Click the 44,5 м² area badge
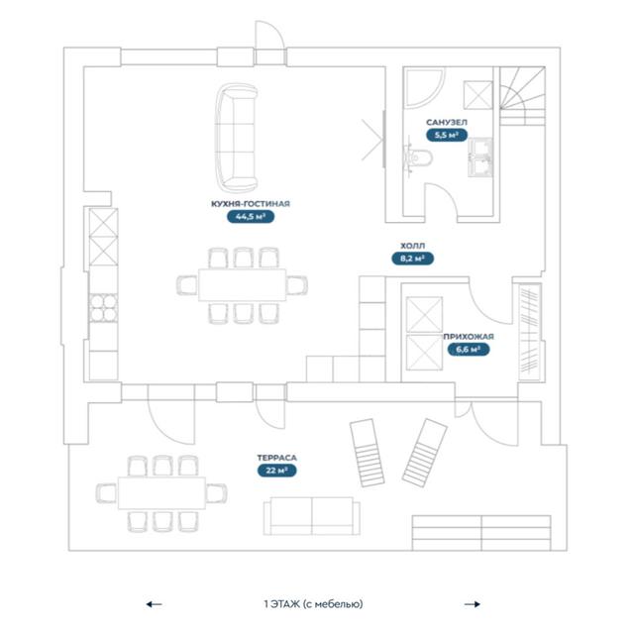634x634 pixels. click(x=251, y=217)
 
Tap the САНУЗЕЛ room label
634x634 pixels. click(x=447, y=122)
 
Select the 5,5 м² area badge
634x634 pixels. click(x=447, y=135)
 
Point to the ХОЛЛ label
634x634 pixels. click(x=412, y=246)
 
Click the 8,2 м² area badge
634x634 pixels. click(x=412, y=259)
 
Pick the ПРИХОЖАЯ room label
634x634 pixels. click(x=469, y=337)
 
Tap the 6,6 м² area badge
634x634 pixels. click(x=469, y=350)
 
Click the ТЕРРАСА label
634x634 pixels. click(x=277, y=458)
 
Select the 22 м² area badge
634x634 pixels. click(x=277, y=471)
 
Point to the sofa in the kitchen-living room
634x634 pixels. click(x=237, y=138)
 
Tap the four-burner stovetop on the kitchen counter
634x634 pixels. click(x=103, y=308)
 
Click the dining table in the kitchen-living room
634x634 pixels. click(x=242, y=285)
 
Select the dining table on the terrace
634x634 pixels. click(x=161, y=493)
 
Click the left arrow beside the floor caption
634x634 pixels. click(x=155, y=604)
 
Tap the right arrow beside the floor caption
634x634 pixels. click(x=473, y=604)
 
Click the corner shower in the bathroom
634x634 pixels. click(x=424, y=88)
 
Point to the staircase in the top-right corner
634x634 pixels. click(x=522, y=96)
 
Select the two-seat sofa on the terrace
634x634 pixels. click(x=312, y=516)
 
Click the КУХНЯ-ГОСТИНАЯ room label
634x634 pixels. click(x=251, y=204)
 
